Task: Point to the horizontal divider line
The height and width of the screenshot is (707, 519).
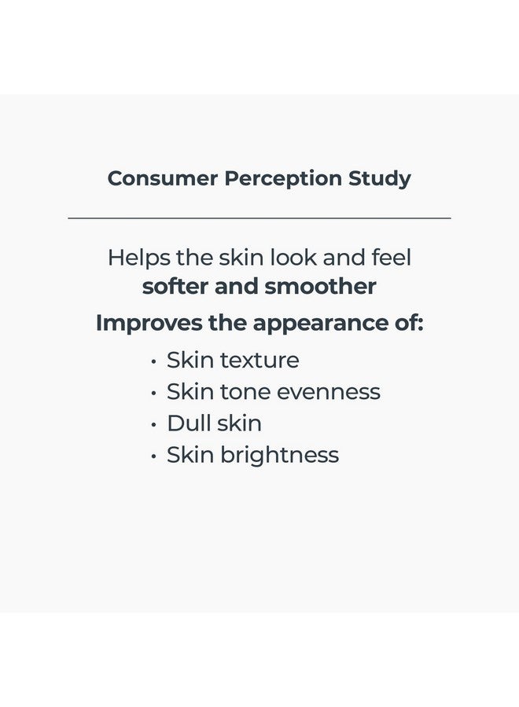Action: point(259,218)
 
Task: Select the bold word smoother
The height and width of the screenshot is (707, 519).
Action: point(321,286)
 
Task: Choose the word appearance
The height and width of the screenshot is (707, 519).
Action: point(315,324)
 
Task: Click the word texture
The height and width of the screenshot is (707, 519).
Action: point(259,360)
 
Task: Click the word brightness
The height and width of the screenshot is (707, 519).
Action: point(280,455)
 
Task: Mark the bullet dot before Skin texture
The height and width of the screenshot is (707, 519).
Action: point(153,361)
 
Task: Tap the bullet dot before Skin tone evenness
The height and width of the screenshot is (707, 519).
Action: point(153,393)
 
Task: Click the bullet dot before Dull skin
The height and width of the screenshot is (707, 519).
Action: point(153,424)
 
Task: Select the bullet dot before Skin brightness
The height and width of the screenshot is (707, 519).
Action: point(153,456)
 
